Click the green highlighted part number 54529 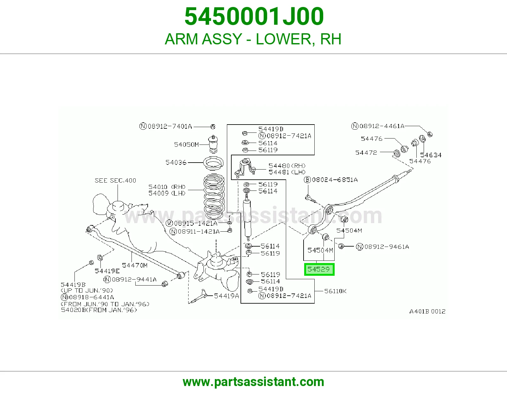point(319,269)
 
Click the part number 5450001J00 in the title point(254,16)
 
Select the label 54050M point(186,145)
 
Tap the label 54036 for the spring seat point(176,162)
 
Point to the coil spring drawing point(214,193)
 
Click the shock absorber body point(247,218)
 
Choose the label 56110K point(335,291)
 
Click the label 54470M point(135,265)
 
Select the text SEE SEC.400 point(115,180)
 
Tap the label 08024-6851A point(331,180)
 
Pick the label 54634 point(431,155)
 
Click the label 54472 point(366,153)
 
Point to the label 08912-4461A point(378,126)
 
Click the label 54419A point(226,296)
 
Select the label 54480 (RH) point(287,166)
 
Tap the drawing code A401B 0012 point(427,311)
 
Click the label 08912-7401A point(166,126)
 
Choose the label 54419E point(107,271)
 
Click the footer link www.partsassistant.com point(253,382)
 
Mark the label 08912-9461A point(382,247)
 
